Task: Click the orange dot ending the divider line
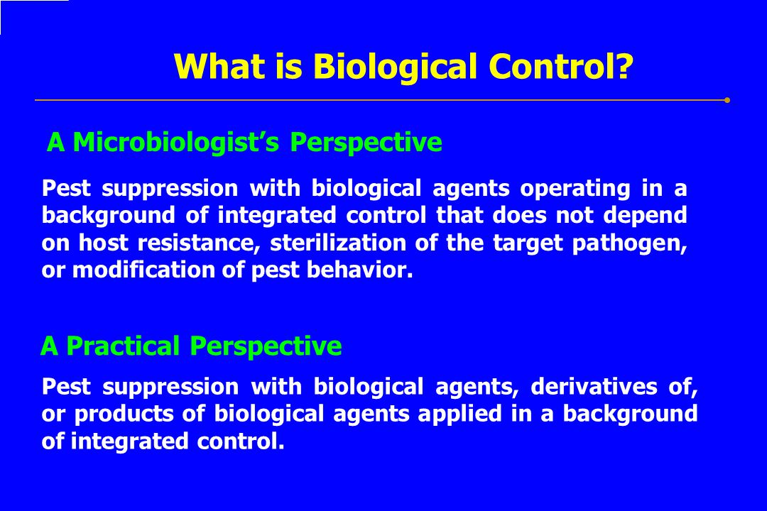point(727,100)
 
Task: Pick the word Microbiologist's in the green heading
point(175,142)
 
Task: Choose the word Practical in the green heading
point(123,346)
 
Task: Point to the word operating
point(575,189)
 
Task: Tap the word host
point(104,243)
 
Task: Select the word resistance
point(198,243)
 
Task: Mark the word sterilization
point(338,243)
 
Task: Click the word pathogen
point(630,243)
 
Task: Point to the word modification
point(143,270)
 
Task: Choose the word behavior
point(360,270)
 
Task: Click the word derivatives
point(594,387)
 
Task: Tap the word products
point(124,414)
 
